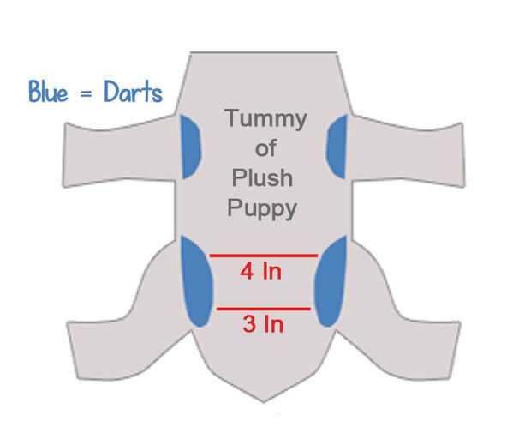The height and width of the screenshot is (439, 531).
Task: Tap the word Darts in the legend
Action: click(130, 92)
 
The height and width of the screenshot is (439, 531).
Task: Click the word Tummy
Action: click(265, 118)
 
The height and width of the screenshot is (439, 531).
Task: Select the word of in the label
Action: click(265, 148)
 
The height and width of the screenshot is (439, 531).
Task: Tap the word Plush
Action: click(265, 178)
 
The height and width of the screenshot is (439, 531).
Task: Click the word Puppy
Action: click(265, 209)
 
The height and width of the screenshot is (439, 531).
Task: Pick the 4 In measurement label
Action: click(261, 273)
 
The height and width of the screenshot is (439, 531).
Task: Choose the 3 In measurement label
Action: click(261, 325)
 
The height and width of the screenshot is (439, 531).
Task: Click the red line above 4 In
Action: click(263, 256)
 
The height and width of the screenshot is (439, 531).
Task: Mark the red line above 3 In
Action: click(263, 309)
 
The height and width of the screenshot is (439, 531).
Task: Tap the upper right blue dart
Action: click(336, 142)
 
